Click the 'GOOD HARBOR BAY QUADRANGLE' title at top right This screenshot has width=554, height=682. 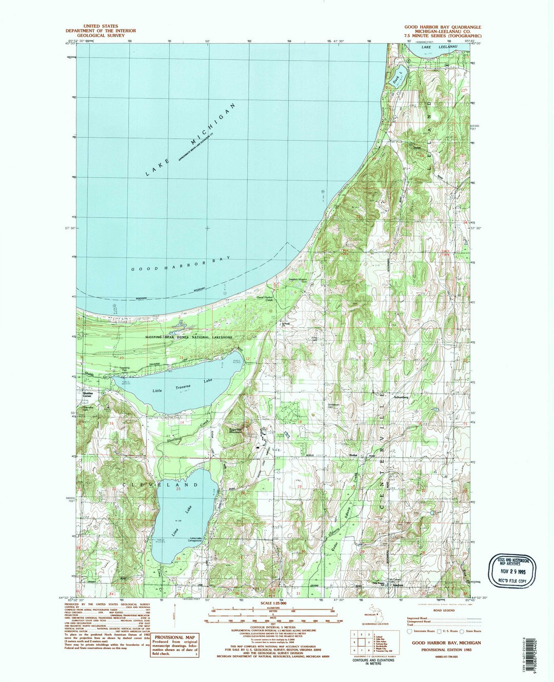click(443, 27)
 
